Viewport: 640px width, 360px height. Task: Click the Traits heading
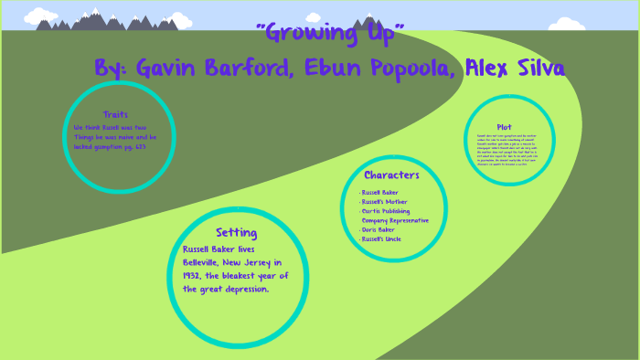[x=115, y=114]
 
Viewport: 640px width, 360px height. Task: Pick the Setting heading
[x=236, y=232]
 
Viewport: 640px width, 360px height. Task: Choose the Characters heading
[x=391, y=175]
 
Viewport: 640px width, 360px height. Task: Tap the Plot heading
[x=504, y=127]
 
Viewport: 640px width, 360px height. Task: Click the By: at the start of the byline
[x=113, y=69]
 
